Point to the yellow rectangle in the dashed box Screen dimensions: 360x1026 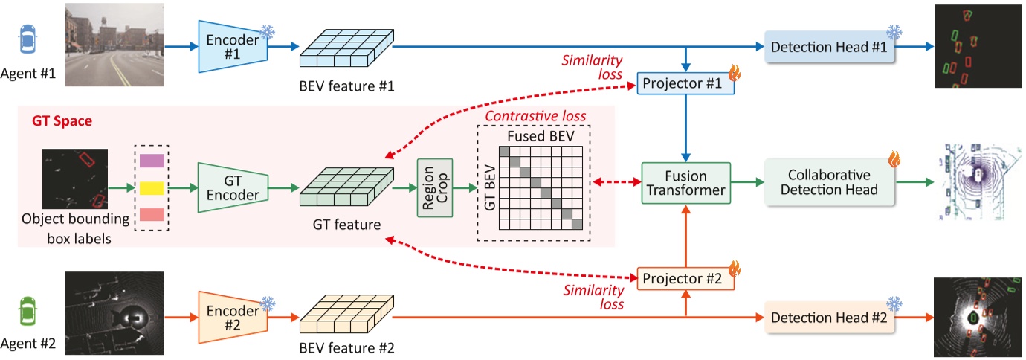(152, 187)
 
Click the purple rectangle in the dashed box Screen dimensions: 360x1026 (152, 160)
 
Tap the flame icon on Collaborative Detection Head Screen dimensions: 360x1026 (894, 158)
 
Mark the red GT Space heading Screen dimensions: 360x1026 (61, 120)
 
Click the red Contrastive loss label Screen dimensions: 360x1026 (535, 116)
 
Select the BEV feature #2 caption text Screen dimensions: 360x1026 (346, 348)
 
